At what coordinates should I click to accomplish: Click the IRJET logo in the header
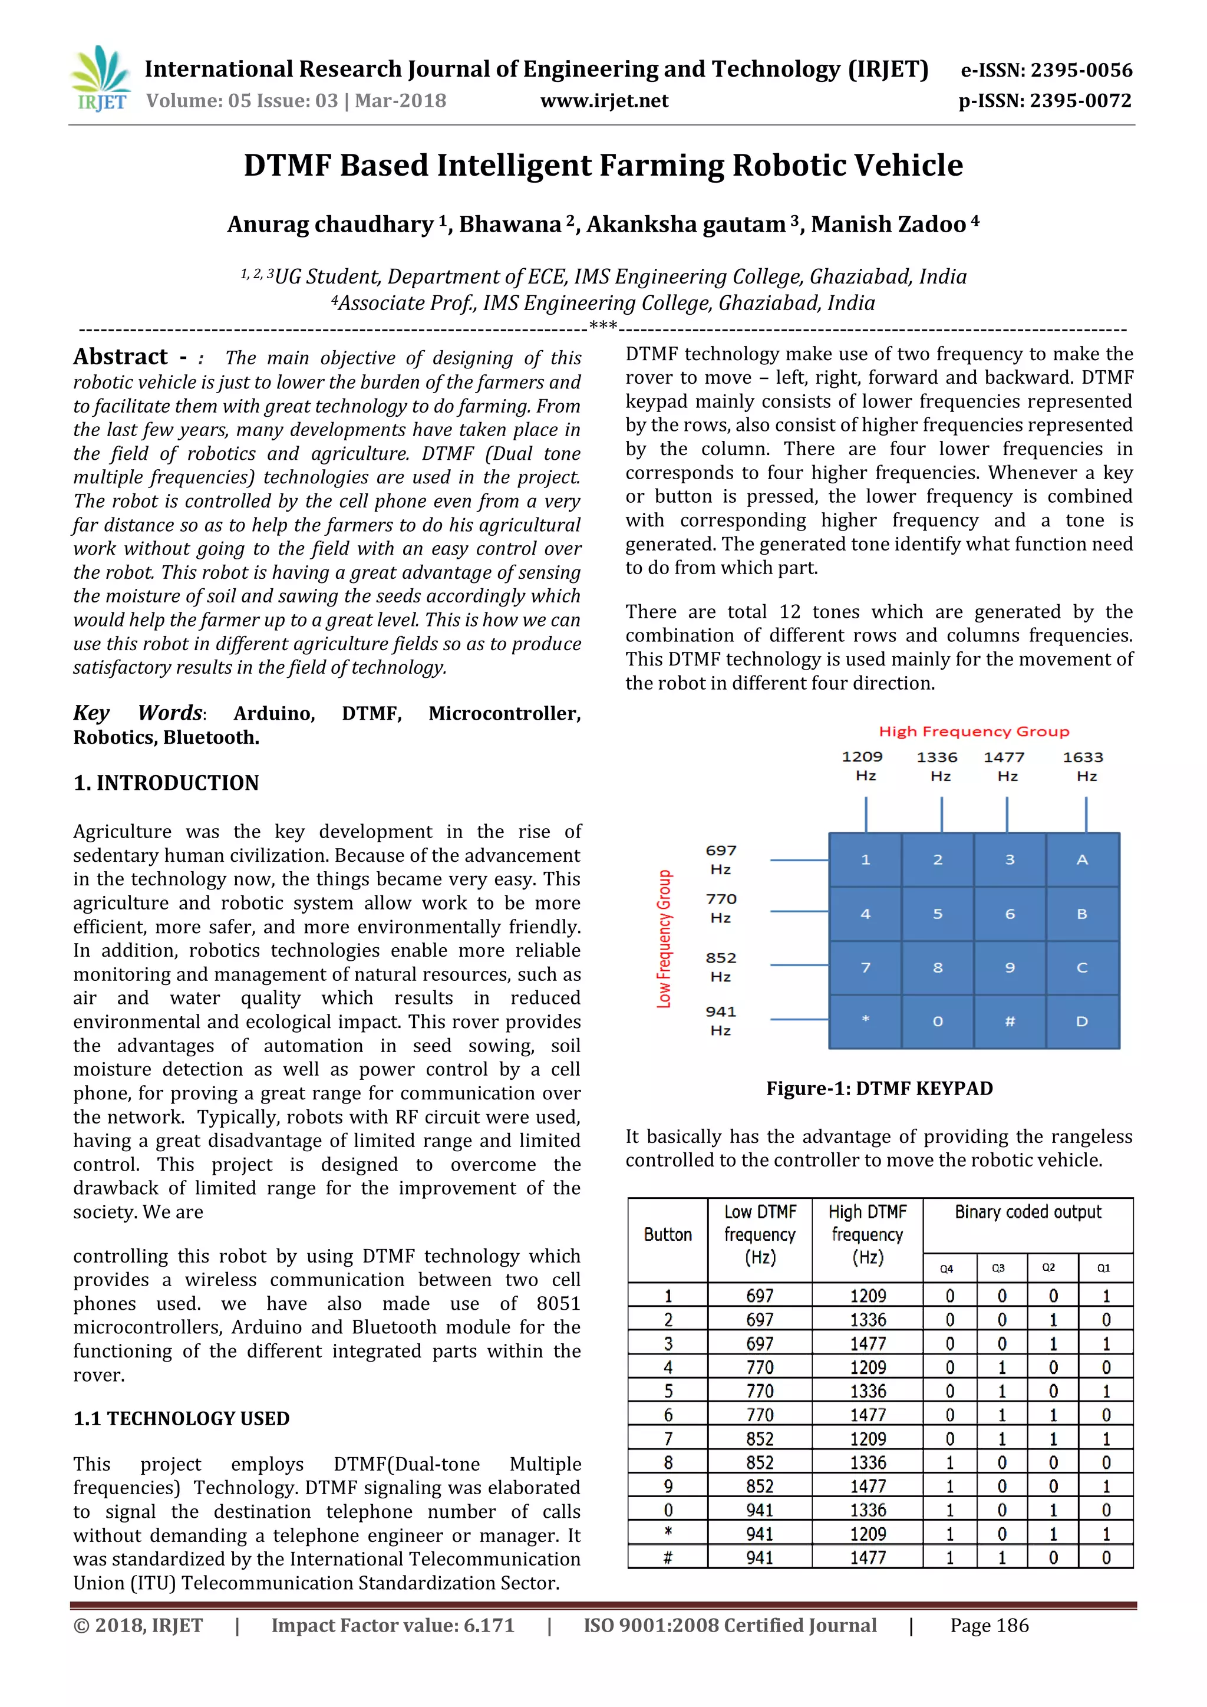pos(100,79)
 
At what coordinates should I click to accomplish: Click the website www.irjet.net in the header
pos(603,101)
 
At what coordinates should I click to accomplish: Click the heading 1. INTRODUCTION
pos(166,783)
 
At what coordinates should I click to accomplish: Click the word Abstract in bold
pos(120,358)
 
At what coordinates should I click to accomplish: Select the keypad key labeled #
pos(1010,1021)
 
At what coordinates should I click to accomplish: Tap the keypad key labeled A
pos(1081,859)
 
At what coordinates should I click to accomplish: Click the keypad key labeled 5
pos(937,914)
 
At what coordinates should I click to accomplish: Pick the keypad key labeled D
pos(1081,1021)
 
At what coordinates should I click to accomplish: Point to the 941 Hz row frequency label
pos(720,1020)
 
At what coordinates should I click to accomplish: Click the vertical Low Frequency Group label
pos(664,938)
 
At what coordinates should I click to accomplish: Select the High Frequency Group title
pos(974,731)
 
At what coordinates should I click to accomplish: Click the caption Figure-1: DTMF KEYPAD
pos(879,1089)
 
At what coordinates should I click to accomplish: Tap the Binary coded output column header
pos(1027,1212)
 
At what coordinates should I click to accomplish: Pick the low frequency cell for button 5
pos(759,1391)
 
